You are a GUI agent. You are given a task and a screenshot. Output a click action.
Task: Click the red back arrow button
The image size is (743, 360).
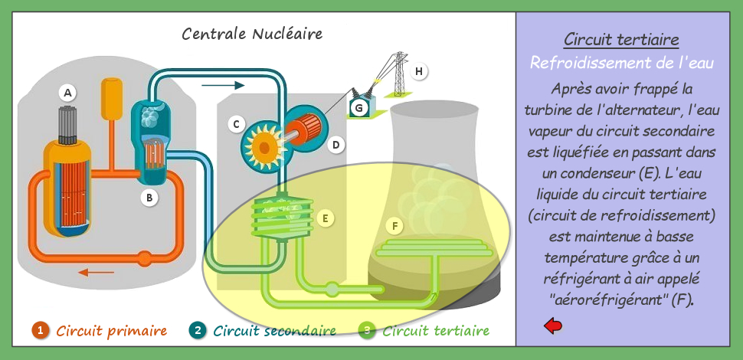553,326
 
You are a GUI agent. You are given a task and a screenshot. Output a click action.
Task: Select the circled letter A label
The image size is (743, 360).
67,93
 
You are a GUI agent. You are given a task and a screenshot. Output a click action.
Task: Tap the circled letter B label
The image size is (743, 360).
149,198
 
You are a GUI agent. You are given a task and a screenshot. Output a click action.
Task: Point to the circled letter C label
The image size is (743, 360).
236,125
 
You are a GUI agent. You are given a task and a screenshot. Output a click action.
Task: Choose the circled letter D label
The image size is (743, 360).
336,145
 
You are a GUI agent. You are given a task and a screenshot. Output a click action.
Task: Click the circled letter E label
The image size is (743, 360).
325,218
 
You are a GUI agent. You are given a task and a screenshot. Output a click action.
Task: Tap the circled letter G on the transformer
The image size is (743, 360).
359,109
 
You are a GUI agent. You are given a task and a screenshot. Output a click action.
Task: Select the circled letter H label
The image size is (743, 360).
418,71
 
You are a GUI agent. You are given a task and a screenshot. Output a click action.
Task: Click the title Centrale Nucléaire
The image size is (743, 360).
252,34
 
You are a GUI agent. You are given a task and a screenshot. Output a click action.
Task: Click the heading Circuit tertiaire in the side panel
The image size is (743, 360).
621,40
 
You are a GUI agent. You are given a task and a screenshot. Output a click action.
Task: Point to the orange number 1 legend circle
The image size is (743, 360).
41,330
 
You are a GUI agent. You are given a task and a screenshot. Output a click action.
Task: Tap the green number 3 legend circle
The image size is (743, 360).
367,330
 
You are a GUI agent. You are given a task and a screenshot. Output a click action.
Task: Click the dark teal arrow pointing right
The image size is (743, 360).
223,85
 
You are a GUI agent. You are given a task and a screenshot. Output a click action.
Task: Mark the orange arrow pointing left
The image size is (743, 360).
97,272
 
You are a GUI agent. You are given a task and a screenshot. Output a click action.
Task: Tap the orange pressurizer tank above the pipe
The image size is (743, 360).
112,99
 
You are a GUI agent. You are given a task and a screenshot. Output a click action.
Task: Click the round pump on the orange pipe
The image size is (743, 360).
144,259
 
